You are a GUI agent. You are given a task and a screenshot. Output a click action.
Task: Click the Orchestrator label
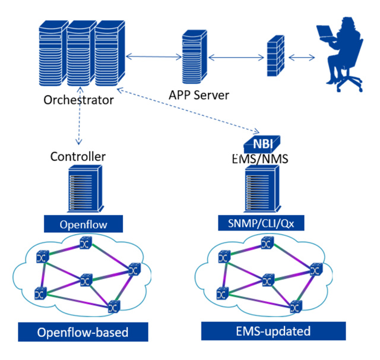click(78, 100)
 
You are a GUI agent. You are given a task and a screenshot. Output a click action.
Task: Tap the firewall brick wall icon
click(276, 57)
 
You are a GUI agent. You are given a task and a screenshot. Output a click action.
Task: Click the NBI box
click(261, 144)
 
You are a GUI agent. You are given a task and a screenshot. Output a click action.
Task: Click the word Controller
click(78, 157)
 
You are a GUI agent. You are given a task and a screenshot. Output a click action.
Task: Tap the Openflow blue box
click(83, 224)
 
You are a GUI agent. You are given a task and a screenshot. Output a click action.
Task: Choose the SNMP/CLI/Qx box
click(262, 223)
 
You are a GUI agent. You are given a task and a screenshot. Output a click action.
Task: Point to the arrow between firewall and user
click(302, 58)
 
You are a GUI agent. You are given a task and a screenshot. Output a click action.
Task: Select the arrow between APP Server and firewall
click(236, 58)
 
